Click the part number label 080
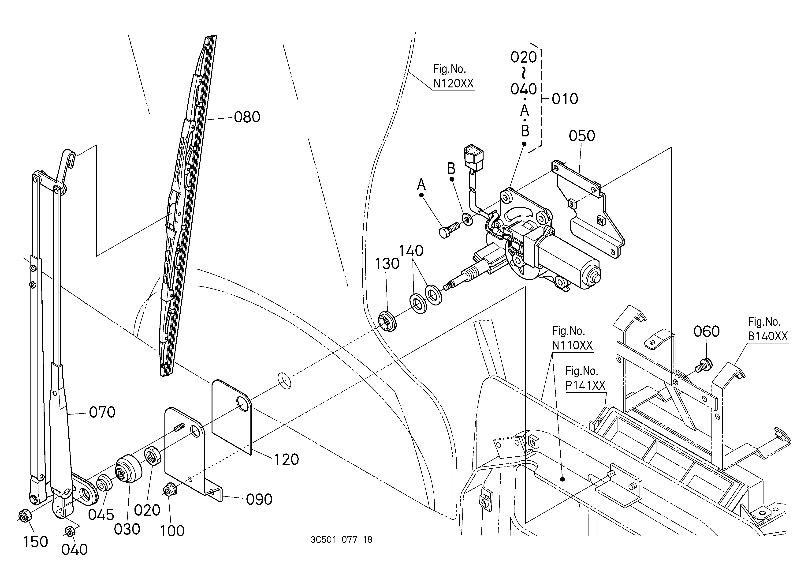pos(247,117)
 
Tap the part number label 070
pos(102,412)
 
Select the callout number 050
pos(582,136)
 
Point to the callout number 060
pos(707,331)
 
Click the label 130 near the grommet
pos(387,264)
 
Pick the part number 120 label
pos(287,460)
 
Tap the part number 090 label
pos(259,500)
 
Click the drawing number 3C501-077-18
pos(341,540)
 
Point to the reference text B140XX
pos(768,336)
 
